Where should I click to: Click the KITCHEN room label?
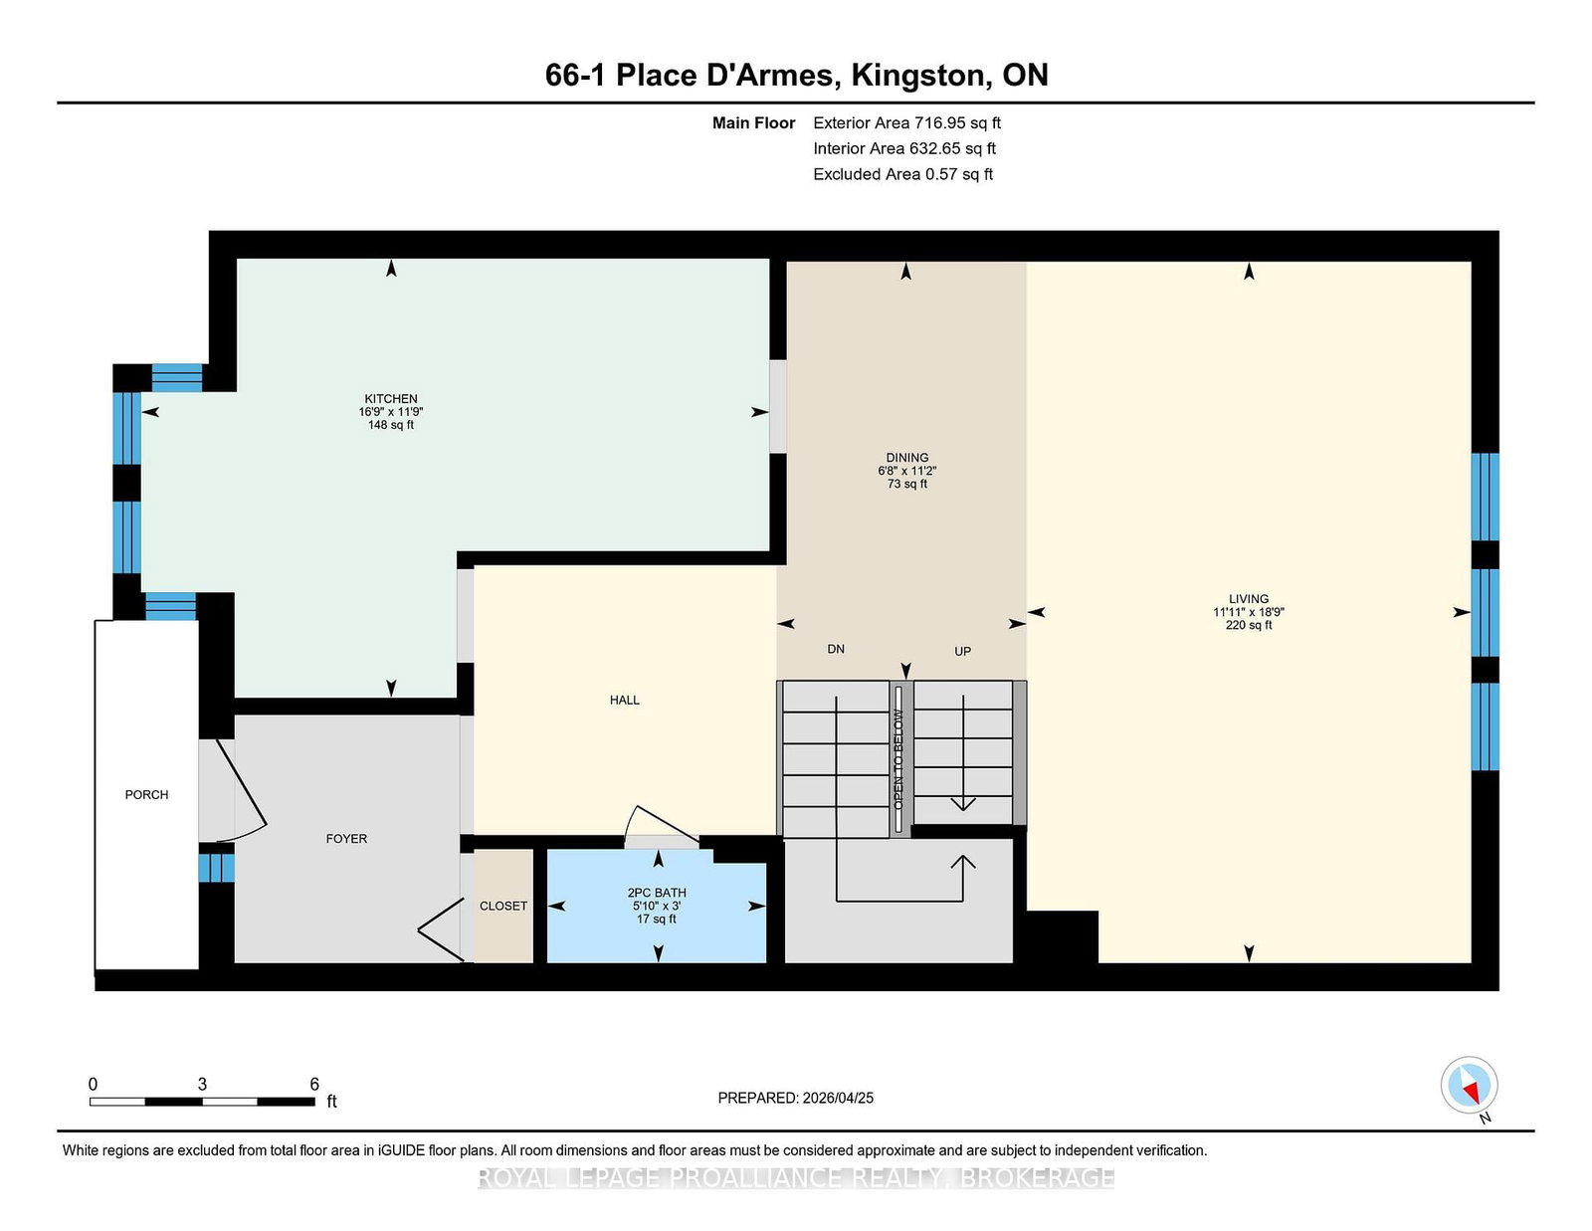click(390, 399)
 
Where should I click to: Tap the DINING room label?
click(906, 457)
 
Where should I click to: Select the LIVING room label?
click(1249, 599)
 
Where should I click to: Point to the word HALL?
click(624, 700)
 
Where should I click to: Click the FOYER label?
click(346, 838)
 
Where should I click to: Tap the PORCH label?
click(146, 794)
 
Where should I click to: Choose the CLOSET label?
click(503, 906)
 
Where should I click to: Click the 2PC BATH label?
click(657, 893)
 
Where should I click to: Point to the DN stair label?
click(835, 649)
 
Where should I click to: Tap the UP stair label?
click(963, 651)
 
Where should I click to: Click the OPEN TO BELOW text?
click(898, 759)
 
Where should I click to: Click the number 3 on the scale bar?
click(202, 1084)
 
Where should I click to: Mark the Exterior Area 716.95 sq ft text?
click(906, 123)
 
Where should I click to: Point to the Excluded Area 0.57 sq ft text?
click(902, 174)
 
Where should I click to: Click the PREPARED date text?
click(796, 1098)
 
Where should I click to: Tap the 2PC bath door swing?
click(661, 827)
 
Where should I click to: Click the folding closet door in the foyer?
click(441, 929)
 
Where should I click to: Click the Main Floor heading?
click(753, 123)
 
